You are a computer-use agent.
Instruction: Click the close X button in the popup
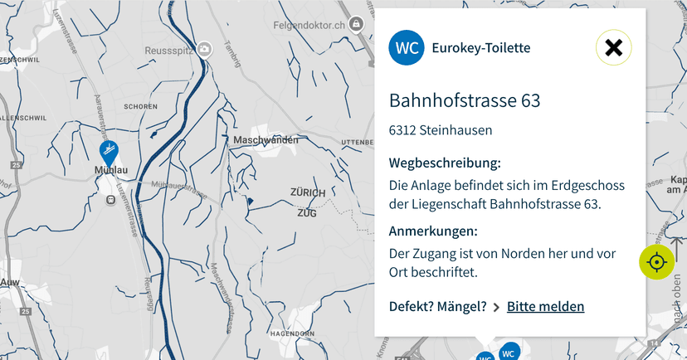pyautogui.click(x=613, y=48)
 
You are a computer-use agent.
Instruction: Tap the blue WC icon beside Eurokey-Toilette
pyautogui.click(x=407, y=48)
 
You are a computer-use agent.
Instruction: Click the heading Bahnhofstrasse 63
pyautogui.click(x=465, y=101)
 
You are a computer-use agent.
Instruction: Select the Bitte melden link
pyautogui.click(x=545, y=307)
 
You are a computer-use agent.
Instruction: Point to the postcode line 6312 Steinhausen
pyautogui.click(x=441, y=130)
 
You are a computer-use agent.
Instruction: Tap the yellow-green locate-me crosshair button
pyautogui.click(x=656, y=262)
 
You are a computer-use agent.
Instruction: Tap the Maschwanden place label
pyautogui.click(x=266, y=140)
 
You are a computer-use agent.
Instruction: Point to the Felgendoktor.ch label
pyautogui.click(x=310, y=26)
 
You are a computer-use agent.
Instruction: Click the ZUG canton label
pyautogui.click(x=307, y=213)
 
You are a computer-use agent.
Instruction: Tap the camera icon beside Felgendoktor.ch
pyautogui.click(x=357, y=25)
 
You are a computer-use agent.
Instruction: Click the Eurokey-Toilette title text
pyautogui.click(x=481, y=48)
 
